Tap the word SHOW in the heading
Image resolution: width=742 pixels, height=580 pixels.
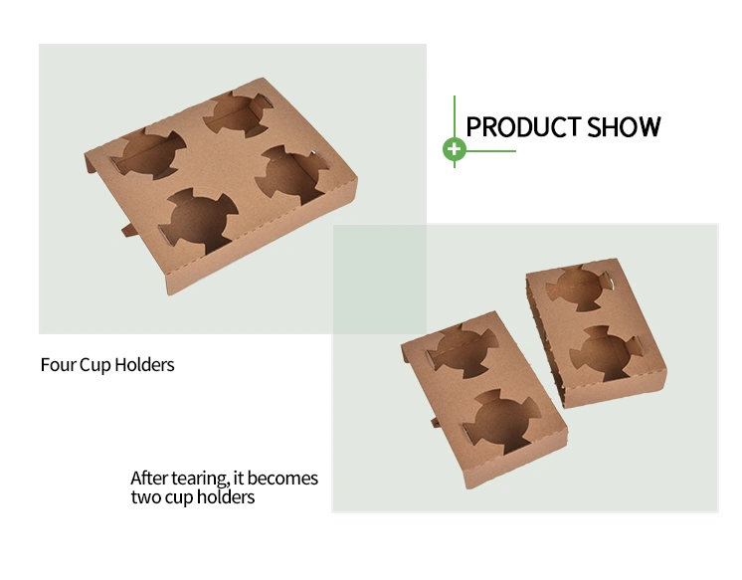(624, 127)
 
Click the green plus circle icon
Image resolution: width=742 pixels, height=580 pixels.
(455, 149)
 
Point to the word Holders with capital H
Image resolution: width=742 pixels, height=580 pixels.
(144, 364)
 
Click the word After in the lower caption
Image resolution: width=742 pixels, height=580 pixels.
(149, 479)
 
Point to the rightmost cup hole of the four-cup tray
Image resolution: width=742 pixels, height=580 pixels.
(292, 173)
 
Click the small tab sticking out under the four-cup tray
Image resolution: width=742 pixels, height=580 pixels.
(128, 230)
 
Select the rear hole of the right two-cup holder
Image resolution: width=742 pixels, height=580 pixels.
(578, 287)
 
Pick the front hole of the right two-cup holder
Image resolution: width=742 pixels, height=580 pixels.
(606, 353)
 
